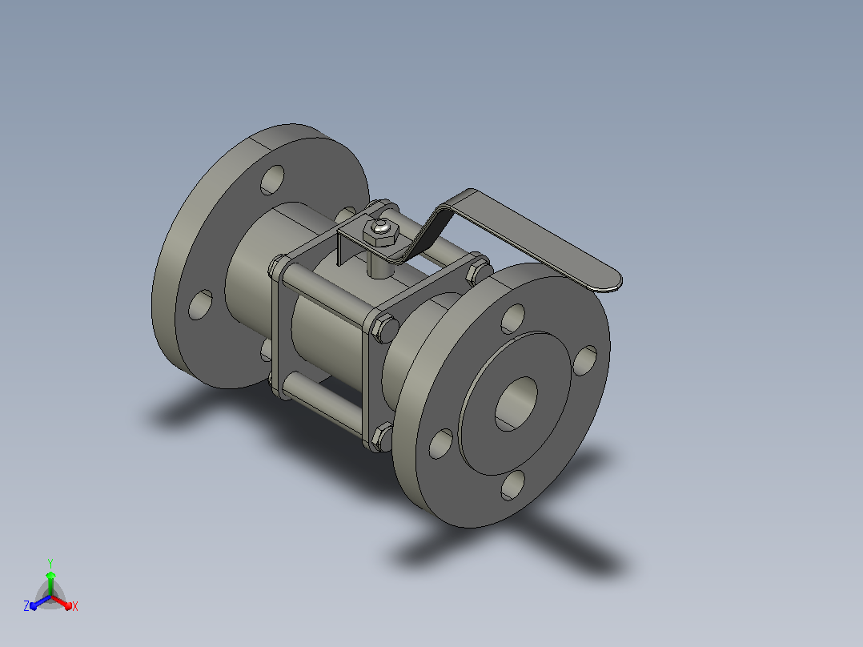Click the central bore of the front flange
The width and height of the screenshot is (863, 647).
point(516,404)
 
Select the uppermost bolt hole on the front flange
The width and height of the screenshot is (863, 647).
point(513,319)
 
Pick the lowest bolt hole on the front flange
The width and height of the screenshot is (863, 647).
point(513,485)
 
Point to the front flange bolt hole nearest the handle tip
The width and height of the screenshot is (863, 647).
point(585,360)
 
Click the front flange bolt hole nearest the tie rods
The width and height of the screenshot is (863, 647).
point(441,444)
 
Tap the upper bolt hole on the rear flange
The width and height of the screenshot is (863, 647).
point(272,179)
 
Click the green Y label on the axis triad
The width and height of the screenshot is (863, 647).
point(50,563)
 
